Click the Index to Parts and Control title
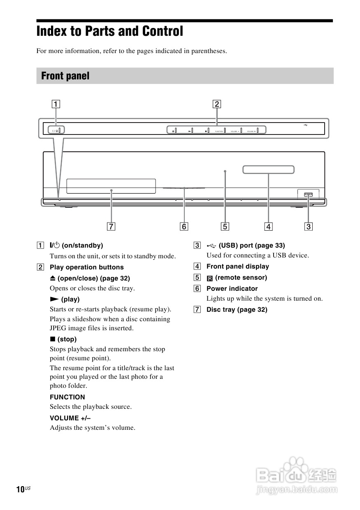coord(110,32)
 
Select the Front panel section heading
coord(65,76)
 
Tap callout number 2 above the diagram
coord(217,104)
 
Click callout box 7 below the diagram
coord(110,226)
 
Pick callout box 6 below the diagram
coord(184,226)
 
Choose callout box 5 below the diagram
coord(225,226)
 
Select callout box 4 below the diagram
coord(268,226)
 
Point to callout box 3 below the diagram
coord(309,226)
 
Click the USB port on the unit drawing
coord(308,194)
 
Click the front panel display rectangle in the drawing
coord(268,169)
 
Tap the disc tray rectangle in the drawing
coord(111,186)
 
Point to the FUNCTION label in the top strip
coord(219,131)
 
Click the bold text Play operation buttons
coord(86,267)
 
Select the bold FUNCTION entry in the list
coord(67,397)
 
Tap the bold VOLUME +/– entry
coord(70,418)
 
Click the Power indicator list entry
coord(232,289)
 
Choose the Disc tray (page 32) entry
coord(237,310)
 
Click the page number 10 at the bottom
coord(20,489)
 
